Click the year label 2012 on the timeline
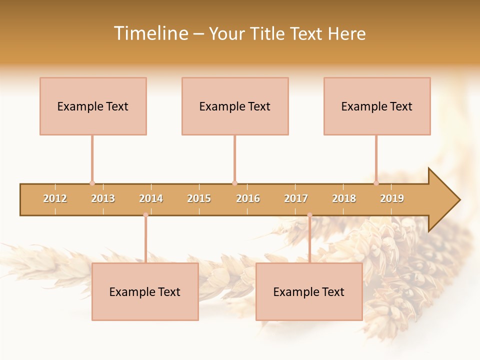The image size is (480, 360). tap(55, 198)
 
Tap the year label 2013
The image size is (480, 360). tap(103, 198)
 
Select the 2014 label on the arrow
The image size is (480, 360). tap(151, 198)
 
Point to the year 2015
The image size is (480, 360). tap(199, 198)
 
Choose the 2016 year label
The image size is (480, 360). tap(248, 198)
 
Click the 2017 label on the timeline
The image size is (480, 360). tap(296, 198)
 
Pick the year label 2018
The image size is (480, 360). tap(344, 198)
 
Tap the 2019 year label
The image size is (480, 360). tap(392, 198)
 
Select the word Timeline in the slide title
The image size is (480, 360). tap(150, 33)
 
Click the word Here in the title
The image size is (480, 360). tap(346, 33)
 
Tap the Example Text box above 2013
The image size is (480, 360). tap(93, 106)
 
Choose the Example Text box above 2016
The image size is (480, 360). tap(235, 106)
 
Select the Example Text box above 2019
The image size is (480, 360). tap(377, 106)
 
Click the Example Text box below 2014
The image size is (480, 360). tap(145, 291)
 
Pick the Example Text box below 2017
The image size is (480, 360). tap(309, 291)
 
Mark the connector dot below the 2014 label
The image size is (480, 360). tap(145, 215)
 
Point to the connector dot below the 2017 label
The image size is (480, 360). tap(309, 215)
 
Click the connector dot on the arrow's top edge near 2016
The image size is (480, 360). tap(234, 183)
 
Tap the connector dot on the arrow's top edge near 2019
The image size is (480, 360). tap(376, 183)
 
